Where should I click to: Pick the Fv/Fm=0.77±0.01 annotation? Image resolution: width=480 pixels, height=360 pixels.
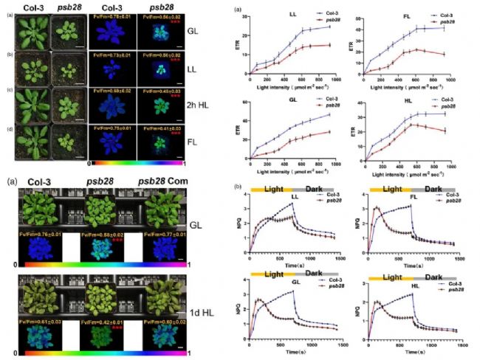165,233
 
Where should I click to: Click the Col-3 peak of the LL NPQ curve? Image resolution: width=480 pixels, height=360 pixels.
293,204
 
